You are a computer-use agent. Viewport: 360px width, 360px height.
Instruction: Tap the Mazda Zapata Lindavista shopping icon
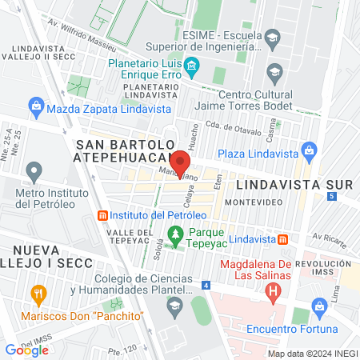point(36,106)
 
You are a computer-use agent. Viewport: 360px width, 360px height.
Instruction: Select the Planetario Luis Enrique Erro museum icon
point(191,65)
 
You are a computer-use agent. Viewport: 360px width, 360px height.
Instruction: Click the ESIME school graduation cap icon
point(273,37)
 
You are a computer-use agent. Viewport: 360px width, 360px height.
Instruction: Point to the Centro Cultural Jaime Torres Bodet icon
point(274,73)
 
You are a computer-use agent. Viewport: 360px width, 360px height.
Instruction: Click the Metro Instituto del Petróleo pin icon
point(34,170)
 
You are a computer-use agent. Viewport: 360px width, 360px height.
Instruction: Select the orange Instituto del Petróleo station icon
point(102,215)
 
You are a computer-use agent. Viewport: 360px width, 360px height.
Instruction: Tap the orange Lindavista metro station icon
point(283,239)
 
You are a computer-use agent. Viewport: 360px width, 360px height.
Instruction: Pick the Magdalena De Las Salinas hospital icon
point(274,290)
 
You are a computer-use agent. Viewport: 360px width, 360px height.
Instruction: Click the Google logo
point(26,350)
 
